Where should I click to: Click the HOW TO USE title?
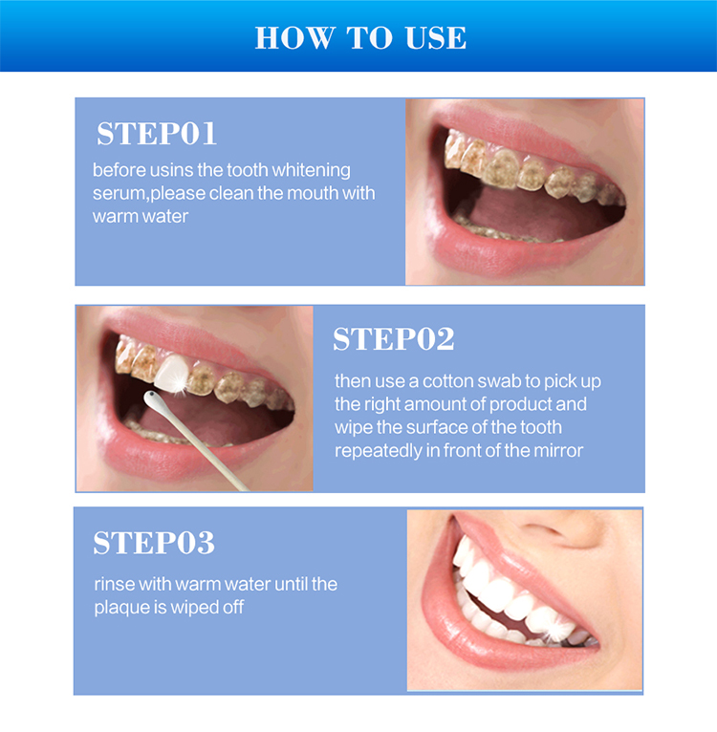coord(360,37)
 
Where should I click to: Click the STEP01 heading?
coord(157,134)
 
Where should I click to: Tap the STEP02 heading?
coord(393,339)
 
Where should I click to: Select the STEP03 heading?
coord(154,543)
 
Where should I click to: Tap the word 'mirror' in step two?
coord(557,450)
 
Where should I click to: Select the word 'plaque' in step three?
coord(119,607)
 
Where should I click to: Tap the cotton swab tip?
coord(150,395)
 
